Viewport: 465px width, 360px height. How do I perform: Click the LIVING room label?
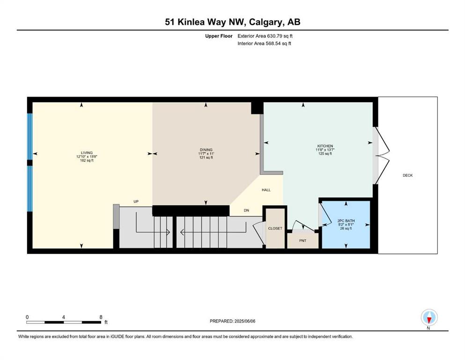coord(87,153)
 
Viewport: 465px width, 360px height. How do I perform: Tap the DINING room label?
coord(206,150)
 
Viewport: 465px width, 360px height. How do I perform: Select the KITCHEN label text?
coord(325,146)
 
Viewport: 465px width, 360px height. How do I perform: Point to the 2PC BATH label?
coord(346,221)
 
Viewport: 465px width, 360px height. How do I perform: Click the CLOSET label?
coord(275,229)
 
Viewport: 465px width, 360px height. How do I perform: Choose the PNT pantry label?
coord(303,240)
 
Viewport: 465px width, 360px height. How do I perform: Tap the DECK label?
coord(408,175)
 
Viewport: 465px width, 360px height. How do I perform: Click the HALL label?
coord(266,190)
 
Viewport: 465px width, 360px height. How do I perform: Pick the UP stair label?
coord(136,202)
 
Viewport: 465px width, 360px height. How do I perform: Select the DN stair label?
coord(246,210)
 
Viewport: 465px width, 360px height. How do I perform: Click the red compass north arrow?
coord(429,320)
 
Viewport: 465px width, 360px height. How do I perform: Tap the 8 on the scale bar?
coord(101,317)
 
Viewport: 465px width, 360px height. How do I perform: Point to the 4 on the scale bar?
coord(64,317)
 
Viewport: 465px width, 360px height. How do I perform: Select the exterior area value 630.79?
coord(275,36)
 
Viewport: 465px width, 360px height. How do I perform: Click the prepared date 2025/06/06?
coord(245,321)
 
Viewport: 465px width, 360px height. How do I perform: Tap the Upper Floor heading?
coord(219,36)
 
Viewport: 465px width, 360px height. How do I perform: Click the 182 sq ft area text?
coord(87,161)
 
